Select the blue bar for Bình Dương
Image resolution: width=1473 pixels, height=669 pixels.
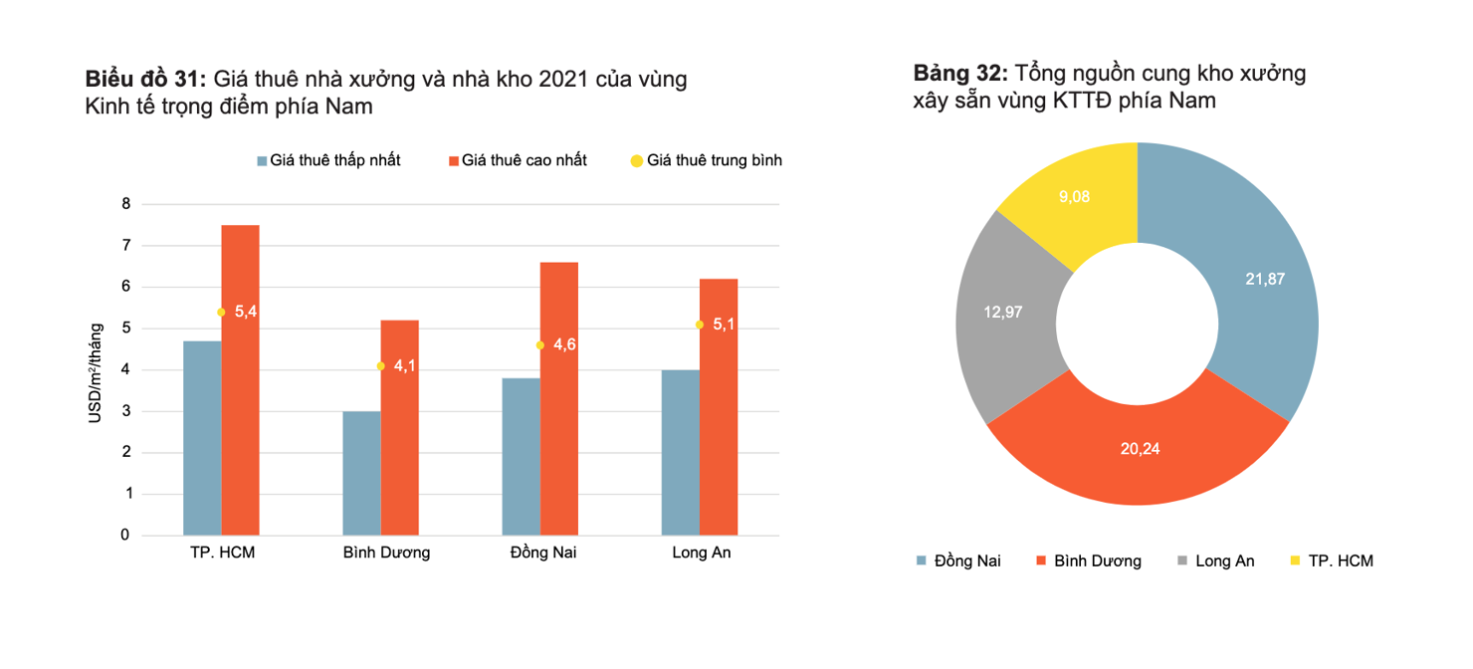[361, 473]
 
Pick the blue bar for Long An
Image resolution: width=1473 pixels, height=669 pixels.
[680, 453]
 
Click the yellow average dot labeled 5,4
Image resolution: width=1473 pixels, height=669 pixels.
[221, 312]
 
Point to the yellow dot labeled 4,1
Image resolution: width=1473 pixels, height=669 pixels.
[380, 366]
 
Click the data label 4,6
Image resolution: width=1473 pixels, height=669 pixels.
[564, 344]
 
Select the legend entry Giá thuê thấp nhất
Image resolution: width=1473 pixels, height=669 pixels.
[328, 160]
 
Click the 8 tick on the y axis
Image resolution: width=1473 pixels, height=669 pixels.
[125, 204]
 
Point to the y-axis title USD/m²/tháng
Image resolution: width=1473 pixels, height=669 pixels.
[97, 369]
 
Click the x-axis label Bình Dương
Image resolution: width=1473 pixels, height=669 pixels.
[386, 553]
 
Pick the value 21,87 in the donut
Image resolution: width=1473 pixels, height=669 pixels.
[1265, 280]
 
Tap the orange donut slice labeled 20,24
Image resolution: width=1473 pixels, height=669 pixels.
[1140, 449]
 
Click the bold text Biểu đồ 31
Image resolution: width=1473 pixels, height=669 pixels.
[145, 80]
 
